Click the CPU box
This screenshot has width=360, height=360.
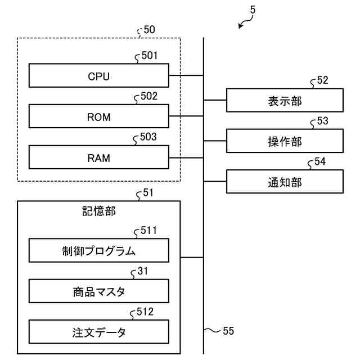pos(98,76)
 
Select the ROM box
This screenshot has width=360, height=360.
pos(98,117)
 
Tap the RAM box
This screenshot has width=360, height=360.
pos(98,157)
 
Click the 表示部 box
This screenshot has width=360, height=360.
pos(285,101)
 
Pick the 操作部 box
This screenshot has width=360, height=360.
pos(285,141)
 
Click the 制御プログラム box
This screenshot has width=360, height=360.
pos(98,250)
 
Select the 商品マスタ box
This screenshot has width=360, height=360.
pos(98,291)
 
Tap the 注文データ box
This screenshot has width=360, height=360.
pos(98,332)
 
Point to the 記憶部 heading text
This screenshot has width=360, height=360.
pos(98,211)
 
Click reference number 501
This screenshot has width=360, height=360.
pos(149,56)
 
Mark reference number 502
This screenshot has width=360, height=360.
pos(149,96)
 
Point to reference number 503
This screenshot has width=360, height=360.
pos(149,137)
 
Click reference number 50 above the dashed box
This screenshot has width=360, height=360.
pos(150,30)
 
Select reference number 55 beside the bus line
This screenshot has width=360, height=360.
pos(228,331)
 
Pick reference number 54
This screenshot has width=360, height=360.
pos(319,162)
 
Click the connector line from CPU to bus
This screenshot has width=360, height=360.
pos(186,75)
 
